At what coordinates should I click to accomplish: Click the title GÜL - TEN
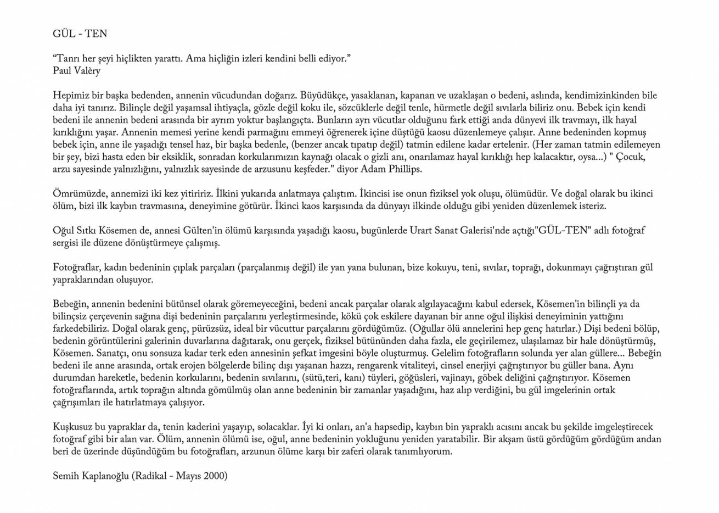coord(80,34)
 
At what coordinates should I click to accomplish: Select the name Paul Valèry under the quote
coord(77,71)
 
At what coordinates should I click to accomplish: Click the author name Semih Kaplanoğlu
coord(91,476)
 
